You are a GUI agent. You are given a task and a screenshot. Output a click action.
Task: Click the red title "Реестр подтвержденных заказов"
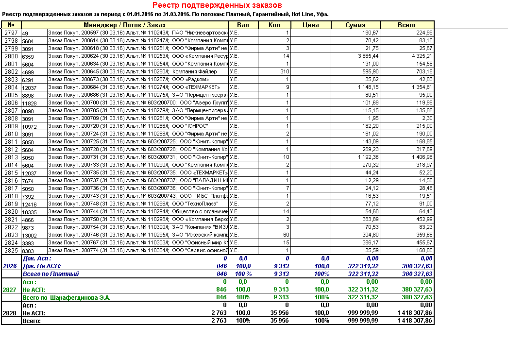[217, 5]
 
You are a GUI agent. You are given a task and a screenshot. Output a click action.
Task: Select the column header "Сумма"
[356, 25]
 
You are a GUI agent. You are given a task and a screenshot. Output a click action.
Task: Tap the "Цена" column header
[310, 25]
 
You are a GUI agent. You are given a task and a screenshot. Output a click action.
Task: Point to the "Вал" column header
[243, 25]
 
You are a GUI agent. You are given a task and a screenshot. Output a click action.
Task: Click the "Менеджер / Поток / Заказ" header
[124, 25]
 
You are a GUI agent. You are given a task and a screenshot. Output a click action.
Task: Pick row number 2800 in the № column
[11, 56]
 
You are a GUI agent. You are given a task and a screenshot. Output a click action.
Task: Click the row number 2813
[11, 157]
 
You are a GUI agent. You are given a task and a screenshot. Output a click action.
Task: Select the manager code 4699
[28, 72]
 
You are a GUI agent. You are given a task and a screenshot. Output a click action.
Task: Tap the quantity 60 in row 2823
[286, 235]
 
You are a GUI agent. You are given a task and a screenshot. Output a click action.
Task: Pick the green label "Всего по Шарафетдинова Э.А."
[67, 297]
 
